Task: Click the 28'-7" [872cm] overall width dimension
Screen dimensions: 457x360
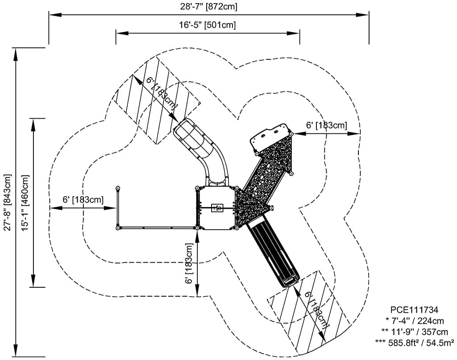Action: [x=208, y=6]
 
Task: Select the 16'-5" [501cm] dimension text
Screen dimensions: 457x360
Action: [x=207, y=25]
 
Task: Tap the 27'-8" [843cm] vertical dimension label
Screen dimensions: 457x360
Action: [x=8, y=203]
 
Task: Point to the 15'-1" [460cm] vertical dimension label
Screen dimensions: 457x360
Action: [x=25, y=203]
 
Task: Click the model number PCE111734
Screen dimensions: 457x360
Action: [x=414, y=310]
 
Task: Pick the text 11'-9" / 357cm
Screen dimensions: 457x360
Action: [x=415, y=332]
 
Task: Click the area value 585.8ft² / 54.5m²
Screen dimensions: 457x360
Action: [x=415, y=343]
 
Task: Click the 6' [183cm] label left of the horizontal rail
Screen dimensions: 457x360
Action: [x=83, y=200]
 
